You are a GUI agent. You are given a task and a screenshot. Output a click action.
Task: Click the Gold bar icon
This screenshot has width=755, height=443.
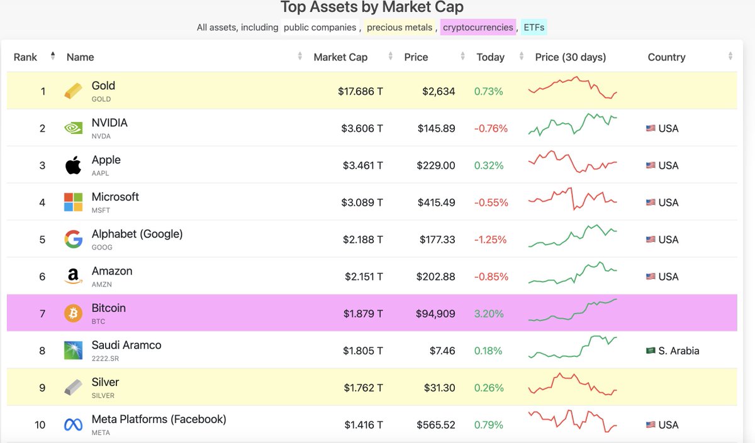73,91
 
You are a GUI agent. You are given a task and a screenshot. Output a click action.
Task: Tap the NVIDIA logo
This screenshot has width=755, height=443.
73,128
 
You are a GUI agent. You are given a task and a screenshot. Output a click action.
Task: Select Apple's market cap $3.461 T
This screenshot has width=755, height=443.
362,165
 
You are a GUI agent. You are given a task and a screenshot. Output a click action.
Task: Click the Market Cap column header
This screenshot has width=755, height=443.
340,57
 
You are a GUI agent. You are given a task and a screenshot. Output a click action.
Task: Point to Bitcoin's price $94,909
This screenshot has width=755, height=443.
435,314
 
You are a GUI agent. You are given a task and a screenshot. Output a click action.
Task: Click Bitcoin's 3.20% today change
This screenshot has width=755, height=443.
489,314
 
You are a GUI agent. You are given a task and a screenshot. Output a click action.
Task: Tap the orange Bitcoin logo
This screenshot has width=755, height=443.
73,313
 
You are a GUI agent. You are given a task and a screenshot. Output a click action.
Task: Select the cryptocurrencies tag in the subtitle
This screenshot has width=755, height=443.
478,27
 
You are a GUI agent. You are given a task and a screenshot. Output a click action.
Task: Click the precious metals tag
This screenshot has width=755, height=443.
400,27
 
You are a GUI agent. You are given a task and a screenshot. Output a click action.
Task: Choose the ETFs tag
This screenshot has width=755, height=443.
534,27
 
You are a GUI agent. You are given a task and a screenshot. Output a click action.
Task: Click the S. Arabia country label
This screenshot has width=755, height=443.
678,351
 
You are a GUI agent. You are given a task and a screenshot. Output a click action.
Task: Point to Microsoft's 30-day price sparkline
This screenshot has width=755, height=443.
573,199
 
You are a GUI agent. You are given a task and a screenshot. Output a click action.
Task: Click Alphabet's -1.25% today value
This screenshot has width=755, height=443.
491,239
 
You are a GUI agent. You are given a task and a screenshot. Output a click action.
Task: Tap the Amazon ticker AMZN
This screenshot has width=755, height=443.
102,284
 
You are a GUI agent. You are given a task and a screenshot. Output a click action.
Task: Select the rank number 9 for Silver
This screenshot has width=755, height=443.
43,388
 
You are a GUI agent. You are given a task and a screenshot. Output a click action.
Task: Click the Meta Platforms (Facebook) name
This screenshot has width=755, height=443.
159,419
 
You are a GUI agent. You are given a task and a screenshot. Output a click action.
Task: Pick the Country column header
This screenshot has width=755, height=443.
666,57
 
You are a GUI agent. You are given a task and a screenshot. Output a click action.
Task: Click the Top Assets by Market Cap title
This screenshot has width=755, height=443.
372,8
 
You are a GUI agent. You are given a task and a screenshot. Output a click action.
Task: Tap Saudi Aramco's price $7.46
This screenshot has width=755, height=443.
442,351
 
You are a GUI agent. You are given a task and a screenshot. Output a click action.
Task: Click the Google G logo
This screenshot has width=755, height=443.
73,239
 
